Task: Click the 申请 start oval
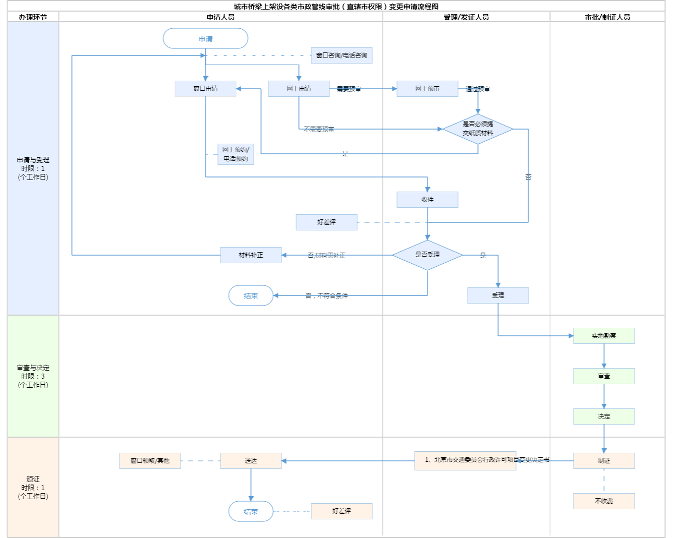205,39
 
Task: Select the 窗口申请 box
205,89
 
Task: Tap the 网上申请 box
299,89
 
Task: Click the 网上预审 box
427,89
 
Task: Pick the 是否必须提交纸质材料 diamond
478,129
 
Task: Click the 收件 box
427,200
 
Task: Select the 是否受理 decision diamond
427,255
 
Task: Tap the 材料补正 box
251,255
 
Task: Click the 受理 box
498,295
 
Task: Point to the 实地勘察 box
604,336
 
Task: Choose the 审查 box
604,376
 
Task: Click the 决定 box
604,416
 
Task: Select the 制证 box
604,461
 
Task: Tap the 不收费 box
604,501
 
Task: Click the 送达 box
251,461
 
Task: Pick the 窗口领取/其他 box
150,461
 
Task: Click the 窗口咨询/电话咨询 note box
342,55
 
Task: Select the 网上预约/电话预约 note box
236,154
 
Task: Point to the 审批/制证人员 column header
607,17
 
